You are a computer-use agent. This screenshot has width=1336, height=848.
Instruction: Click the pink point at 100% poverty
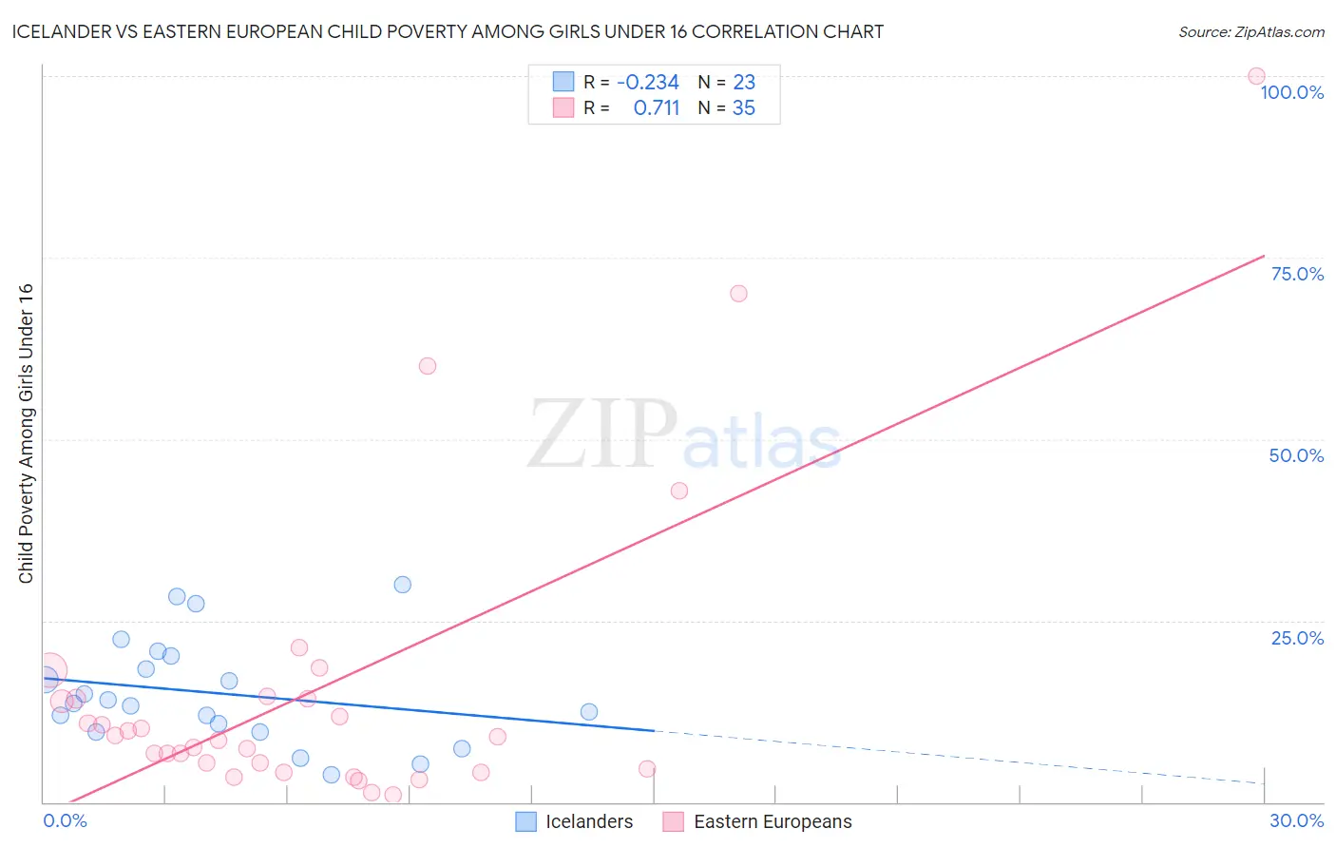(1256, 76)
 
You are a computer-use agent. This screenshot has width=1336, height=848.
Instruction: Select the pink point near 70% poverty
(738, 294)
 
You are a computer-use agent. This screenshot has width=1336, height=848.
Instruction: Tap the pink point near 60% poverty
(428, 366)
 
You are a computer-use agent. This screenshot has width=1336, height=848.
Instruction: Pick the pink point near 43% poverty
(679, 491)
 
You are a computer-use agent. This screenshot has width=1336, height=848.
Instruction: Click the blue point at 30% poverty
(403, 585)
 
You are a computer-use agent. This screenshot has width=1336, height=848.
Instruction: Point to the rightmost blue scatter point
(589, 712)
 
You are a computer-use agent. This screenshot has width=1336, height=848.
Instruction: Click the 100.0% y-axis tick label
(1291, 92)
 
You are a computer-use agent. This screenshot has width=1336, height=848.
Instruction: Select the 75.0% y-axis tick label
(1297, 274)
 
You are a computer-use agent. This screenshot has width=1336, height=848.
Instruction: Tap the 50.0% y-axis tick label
(1296, 455)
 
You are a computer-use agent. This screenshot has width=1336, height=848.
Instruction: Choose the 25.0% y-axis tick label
(1297, 638)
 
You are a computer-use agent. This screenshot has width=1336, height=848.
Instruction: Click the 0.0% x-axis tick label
(65, 820)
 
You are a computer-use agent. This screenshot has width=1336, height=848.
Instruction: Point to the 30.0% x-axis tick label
(1296, 820)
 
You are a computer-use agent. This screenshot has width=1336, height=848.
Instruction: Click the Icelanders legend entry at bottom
(588, 821)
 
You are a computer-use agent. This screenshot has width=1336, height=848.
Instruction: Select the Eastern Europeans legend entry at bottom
(772, 821)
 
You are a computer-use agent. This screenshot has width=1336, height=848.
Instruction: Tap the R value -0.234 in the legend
(647, 83)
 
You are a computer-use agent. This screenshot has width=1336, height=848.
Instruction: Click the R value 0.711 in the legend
(657, 108)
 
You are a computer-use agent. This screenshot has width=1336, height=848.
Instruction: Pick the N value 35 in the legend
(743, 108)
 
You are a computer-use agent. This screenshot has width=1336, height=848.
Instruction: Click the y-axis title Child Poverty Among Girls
(26, 433)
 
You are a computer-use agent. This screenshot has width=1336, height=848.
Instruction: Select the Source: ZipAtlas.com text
(1250, 32)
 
